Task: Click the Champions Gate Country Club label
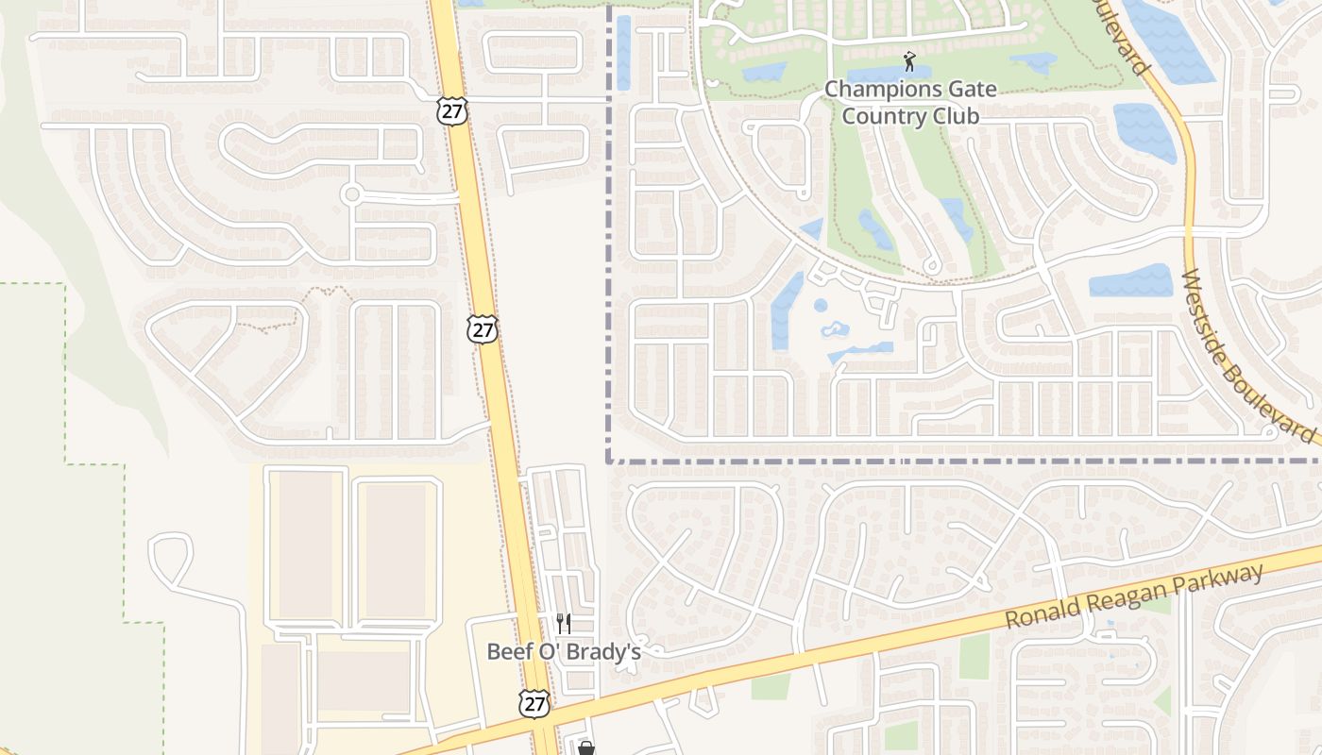(x=910, y=103)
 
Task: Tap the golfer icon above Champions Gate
(x=909, y=62)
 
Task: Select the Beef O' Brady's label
(x=564, y=651)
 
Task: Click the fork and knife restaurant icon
(x=564, y=623)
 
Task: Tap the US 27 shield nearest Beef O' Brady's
(x=534, y=703)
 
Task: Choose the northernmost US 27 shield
(x=450, y=110)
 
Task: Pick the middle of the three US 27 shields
(x=483, y=329)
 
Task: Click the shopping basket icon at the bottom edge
(x=586, y=748)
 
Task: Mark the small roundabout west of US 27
(x=352, y=194)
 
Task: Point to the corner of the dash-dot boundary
(x=609, y=461)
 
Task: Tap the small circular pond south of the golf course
(x=820, y=306)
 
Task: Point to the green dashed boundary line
(x=66, y=377)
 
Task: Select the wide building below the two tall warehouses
(x=364, y=680)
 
